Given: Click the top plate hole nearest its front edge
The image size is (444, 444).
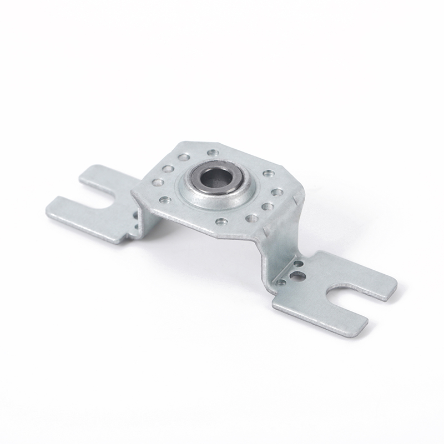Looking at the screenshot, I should [x=221, y=221].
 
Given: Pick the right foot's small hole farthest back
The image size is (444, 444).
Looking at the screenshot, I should [x=299, y=264].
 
